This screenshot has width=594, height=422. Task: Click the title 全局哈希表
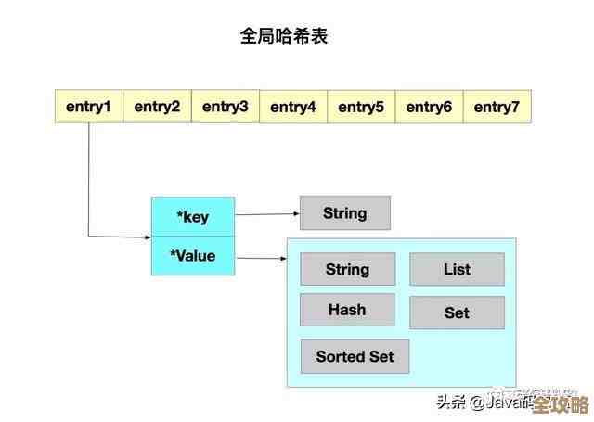pyautogui.click(x=284, y=37)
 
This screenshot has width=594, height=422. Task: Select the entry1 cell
pyautogui.click(x=89, y=107)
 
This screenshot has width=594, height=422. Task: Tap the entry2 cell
pyautogui.click(x=157, y=107)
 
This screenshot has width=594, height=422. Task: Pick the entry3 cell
pyautogui.click(x=226, y=107)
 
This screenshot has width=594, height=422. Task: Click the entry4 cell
pyautogui.click(x=293, y=107)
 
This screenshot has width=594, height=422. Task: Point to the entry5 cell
pyautogui.click(x=361, y=107)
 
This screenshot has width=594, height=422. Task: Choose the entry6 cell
pyautogui.click(x=429, y=107)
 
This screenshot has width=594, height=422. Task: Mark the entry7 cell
pyautogui.click(x=497, y=107)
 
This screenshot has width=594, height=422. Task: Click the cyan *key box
pyautogui.click(x=193, y=216)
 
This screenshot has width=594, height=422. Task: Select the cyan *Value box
pyautogui.click(x=193, y=255)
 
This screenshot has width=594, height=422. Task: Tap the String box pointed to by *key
pyautogui.click(x=344, y=212)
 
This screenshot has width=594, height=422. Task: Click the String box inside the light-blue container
pyautogui.click(x=347, y=269)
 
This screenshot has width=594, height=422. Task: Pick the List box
pyautogui.click(x=457, y=269)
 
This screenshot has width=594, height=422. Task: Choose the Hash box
pyautogui.click(x=347, y=310)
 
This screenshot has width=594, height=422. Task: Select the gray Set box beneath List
pyautogui.click(x=457, y=313)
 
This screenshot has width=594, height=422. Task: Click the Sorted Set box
pyautogui.click(x=355, y=356)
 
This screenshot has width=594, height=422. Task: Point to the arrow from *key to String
pyautogui.click(x=267, y=214)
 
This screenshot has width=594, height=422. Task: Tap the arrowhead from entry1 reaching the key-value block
pyautogui.click(x=147, y=237)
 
